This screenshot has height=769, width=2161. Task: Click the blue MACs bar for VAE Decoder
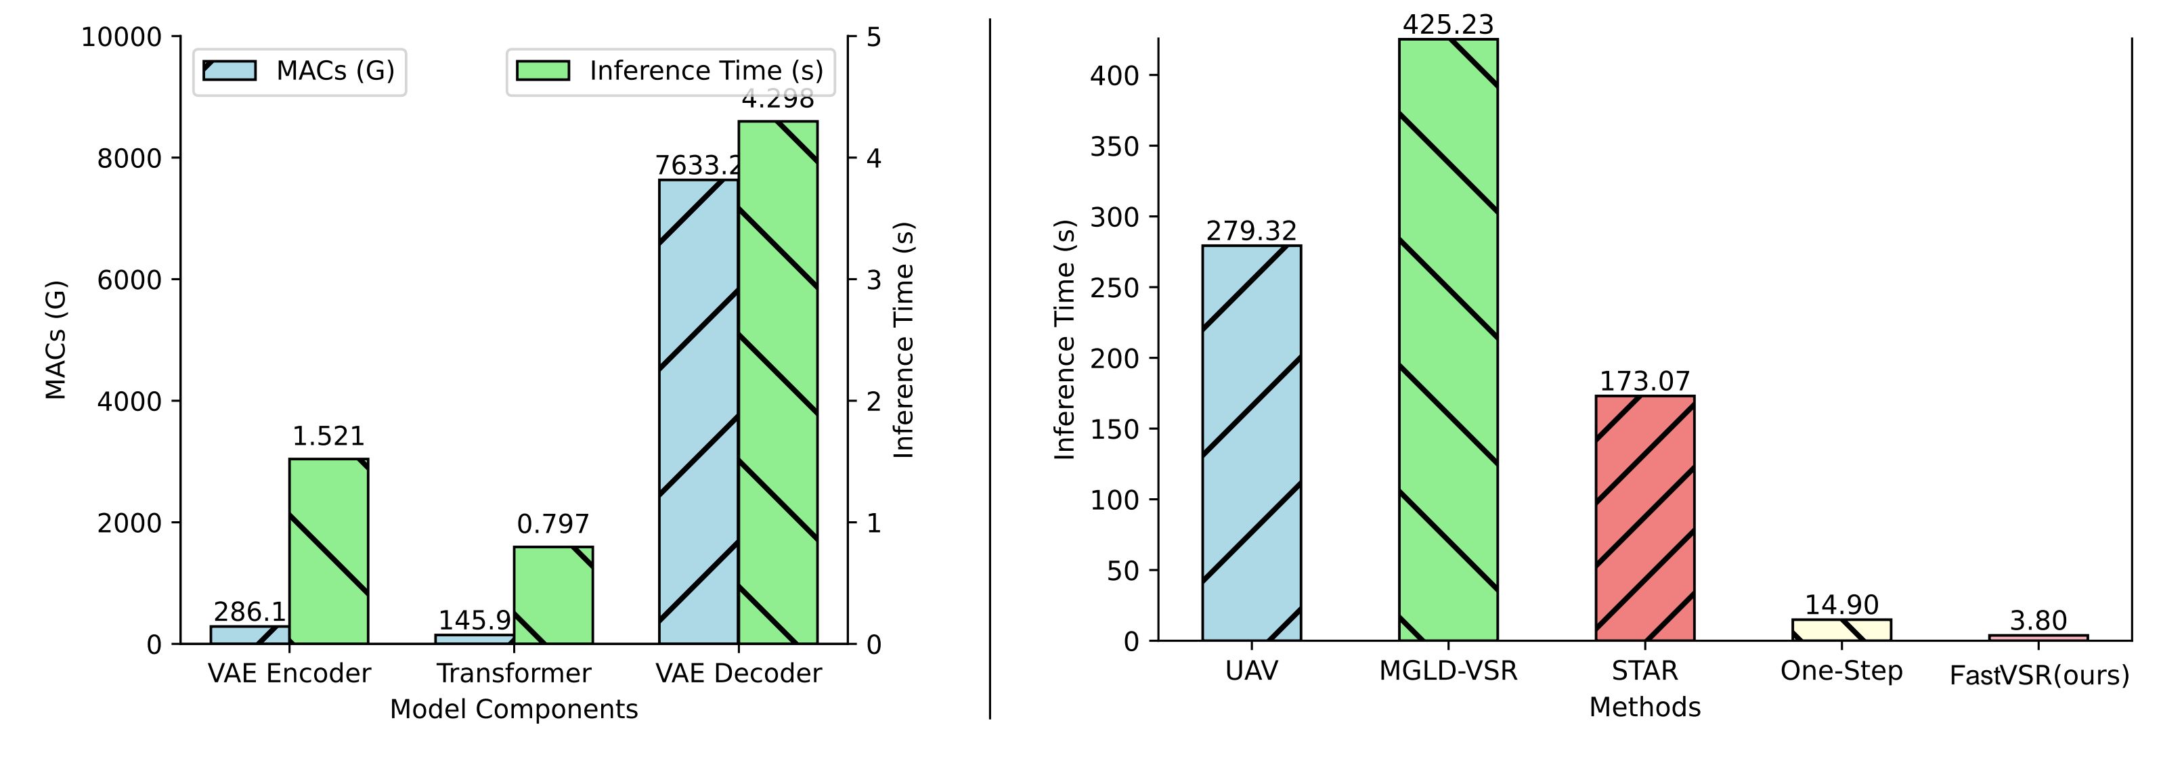pyautogui.click(x=698, y=412)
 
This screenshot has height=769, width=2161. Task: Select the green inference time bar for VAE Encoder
pyautogui.click(x=329, y=551)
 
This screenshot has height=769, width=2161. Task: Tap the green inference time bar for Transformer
pyautogui.click(x=553, y=596)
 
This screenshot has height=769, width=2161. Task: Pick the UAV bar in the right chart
pyautogui.click(x=1251, y=443)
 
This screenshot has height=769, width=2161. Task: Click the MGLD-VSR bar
pyautogui.click(x=1448, y=340)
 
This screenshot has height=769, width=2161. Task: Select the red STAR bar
pyautogui.click(x=1644, y=519)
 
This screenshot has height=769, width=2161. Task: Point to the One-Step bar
pyautogui.click(x=1841, y=630)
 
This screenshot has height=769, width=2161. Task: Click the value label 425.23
pyautogui.click(x=1448, y=24)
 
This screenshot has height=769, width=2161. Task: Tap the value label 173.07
pyautogui.click(x=1644, y=382)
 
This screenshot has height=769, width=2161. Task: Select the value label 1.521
pyautogui.click(x=329, y=436)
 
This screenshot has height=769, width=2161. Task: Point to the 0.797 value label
pyautogui.click(x=553, y=524)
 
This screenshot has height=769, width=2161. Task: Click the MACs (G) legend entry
pyautogui.click(x=299, y=70)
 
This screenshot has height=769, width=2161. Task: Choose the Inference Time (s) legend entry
pyautogui.click(x=670, y=70)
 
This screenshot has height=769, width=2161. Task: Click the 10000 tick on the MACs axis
pyautogui.click(x=121, y=38)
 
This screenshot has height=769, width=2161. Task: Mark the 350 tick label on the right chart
pyautogui.click(x=1112, y=147)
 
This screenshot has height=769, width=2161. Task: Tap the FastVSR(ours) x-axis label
pyautogui.click(x=2038, y=675)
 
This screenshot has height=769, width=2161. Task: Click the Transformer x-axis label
pyautogui.click(x=513, y=674)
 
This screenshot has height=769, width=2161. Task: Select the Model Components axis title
pyautogui.click(x=513, y=709)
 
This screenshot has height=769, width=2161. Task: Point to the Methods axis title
pyautogui.click(x=1644, y=707)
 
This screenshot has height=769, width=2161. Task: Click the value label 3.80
pyautogui.click(x=2038, y=621)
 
